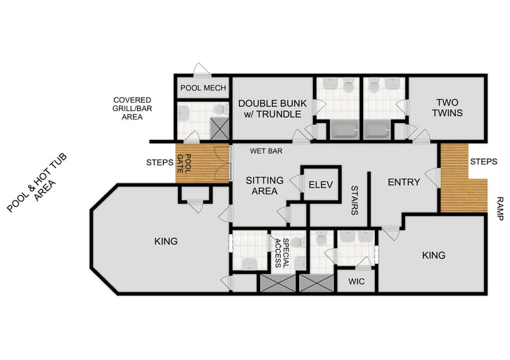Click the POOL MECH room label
[203, 89]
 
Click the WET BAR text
[265, 150]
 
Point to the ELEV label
[320, 185]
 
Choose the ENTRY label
[404, 182]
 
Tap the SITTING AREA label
[264, 186]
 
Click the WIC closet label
[356, 283]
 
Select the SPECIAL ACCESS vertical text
[282, 252]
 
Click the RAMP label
[499, 209]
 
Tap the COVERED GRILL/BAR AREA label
[138, 108]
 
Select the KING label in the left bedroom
[165, 241]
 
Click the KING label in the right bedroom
[434, 255]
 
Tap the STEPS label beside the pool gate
[160, 163]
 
